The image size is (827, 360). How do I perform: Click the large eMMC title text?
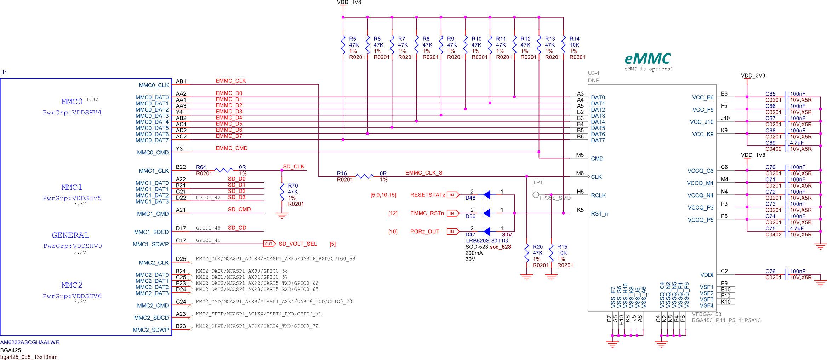(x=648, y=58)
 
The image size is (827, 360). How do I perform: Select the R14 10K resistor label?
(x=574, y=39)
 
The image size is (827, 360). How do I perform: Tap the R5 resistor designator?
(x=353, y=39)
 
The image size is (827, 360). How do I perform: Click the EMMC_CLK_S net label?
(x=423, y=173)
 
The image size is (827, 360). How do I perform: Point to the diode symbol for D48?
(x=487, y=194)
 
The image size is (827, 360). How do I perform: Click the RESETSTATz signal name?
(x=427, y=195)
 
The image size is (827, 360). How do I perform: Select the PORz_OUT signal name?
(x=424, y=232)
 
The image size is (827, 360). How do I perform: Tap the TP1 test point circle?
(x=536, y=195)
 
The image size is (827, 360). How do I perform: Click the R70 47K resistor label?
(x=293, y=185)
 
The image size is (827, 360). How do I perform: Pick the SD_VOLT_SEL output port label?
(x=297, y=244)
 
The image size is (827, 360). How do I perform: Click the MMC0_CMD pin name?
(x=153, y=153)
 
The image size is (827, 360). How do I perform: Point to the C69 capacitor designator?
(x=770, y=143)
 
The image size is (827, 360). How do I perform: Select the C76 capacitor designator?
(x=770, y=271)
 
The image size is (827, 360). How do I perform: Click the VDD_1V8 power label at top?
(x=349, y=2)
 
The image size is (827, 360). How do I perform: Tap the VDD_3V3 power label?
(x=753, y=75)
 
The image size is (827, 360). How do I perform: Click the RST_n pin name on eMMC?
(x=599, y=214)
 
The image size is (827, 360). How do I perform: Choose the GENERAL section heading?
(x=70, y=235)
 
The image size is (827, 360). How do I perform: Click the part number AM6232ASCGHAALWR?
(x=30, y=342)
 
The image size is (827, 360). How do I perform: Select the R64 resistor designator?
(x=201, y=167)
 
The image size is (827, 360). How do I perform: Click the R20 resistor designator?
(x=537, y=247)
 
